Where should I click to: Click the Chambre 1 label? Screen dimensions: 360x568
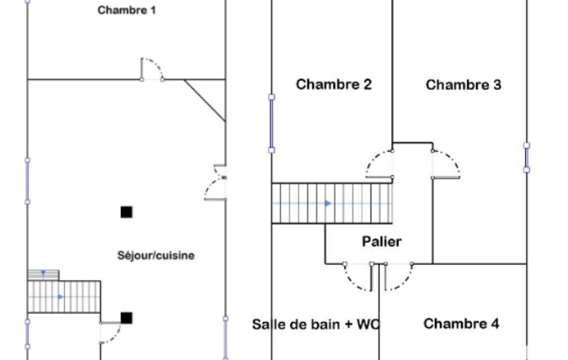pyautogui.click(x=127, y=11)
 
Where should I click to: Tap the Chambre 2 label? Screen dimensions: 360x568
pyautogui.click(x=334, y=85)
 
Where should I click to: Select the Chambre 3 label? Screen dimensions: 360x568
pyautogui.click(x=463, y=85)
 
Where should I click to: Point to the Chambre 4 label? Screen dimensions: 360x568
pyautogui.click(x=461, y=323)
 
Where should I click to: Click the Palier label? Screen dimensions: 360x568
pyautogui.click(x=381, y=241)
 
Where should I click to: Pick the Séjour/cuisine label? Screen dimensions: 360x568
pyautogui.click(x=156, y=256)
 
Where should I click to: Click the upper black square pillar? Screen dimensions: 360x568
pyautogui.click(x=126, y=212)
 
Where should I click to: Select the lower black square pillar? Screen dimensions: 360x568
pyautogui.click(x=126, y=317)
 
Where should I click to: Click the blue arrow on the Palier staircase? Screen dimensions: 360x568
pyautogui.click(x=328, y=203)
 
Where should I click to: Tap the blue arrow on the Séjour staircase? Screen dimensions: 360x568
pyautogui.click(x=61, y=297)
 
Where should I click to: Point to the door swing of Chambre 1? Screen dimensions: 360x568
pyautogui.click(x=152, y=68)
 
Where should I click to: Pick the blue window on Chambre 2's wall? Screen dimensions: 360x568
pyautogui.click(x=272, y=123)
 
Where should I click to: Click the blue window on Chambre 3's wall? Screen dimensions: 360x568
pyautogui.click(x=526, y=157)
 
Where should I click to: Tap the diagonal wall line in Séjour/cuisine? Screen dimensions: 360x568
pyautogui.click(x=205, y=100)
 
